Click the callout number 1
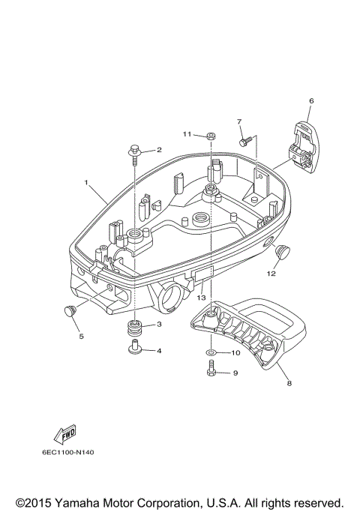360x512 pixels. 86,182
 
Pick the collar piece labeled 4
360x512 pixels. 134,347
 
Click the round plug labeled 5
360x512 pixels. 69,310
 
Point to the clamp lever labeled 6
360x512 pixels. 304,146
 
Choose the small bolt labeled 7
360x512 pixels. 245,142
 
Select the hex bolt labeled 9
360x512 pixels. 211,368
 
